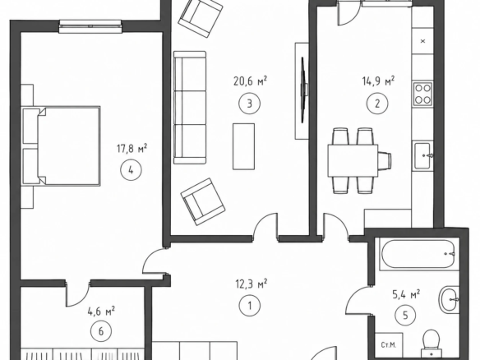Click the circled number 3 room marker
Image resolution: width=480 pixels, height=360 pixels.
tap(250, 104)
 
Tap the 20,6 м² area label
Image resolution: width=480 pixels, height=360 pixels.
tap(250, 81)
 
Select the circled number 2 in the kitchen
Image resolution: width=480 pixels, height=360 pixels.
tap(377, 104)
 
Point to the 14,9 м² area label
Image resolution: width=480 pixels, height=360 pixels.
tap(378, 81)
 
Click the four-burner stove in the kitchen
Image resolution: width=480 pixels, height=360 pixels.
tap(422, 94)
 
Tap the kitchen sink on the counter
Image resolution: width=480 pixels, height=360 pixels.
tap(422, 156)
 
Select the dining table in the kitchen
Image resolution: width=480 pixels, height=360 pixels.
tap(353, 161)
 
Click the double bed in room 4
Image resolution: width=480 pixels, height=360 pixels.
tap(62, 145)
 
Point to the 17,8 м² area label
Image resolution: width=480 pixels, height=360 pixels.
tap(132, 149)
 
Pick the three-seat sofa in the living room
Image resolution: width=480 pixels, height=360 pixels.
tap(190, 108)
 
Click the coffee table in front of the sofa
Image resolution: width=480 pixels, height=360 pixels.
tap(243, 146)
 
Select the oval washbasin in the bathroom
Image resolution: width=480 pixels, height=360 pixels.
tap(450, 300)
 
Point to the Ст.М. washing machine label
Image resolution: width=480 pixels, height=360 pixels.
tap(389, 345)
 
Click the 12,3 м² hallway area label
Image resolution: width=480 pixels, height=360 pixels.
tap(252, 284)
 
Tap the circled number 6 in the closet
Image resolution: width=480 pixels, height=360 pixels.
tap(101, 331)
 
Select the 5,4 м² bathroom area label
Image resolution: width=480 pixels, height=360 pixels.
tap(406, 294)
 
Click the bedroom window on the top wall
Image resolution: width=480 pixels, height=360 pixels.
tap(90, 26)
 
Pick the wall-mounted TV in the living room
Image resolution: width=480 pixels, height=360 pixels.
tap(303, 90)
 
